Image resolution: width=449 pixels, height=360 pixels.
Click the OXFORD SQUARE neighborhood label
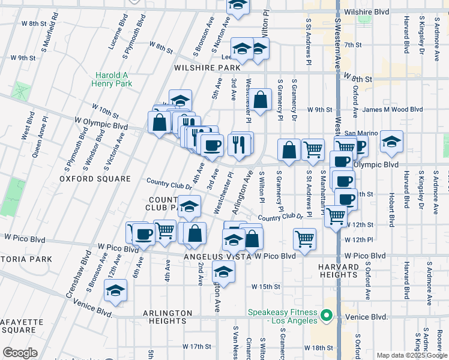pos(95,179)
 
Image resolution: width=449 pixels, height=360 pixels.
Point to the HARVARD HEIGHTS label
pos(338,270)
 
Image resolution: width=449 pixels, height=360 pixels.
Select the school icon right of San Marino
pos(391,142)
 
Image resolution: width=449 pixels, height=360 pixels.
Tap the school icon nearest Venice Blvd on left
pos(114,290)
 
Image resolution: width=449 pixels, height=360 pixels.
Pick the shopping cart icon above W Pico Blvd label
pos(305,239)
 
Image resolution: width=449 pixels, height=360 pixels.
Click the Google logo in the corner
pos(20,353)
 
